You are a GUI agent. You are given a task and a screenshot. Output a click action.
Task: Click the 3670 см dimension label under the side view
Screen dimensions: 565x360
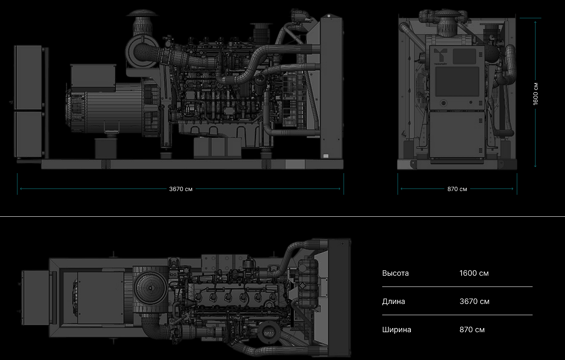pyautogui.click(x=181, y=189)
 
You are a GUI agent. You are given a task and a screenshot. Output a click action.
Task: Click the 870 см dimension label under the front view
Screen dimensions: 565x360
pyautogui.click(x=457, y=189)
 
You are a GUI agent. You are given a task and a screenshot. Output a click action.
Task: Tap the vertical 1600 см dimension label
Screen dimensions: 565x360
pyautogui.click(x=535, y=94)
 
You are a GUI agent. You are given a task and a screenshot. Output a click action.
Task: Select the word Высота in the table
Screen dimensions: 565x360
pyautogui.click(x=395, y=273)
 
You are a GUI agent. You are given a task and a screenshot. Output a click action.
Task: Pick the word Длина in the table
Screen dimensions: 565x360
pyautogui.click(x=393, y=301)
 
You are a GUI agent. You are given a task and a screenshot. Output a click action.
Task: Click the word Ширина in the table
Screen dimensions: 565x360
pyautogui.click(x=396, y=330)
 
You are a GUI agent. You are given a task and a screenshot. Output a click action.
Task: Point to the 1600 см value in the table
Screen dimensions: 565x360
pyautogui.click(x=474, y=273)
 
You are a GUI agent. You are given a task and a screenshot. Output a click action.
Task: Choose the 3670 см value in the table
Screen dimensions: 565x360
pyautogui.click(x=474, y=301)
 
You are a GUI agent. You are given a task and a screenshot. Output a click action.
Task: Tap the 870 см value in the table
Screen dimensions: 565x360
pyautogui.click(x=472, y=330)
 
